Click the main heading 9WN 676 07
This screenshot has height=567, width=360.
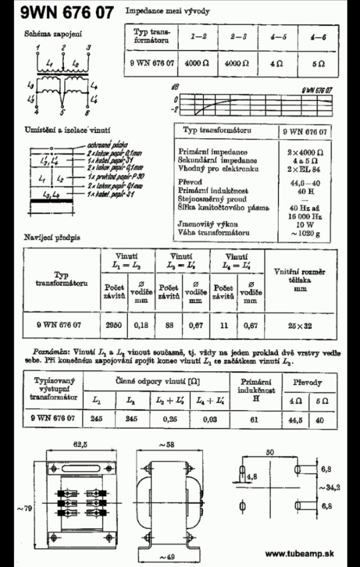(67, 13)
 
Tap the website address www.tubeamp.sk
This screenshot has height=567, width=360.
(300, 553)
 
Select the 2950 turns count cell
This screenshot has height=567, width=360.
(114, 325)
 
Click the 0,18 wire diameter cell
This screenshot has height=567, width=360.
(141, 325)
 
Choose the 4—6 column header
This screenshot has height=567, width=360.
(317, 38)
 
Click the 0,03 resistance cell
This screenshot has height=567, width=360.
(209, 418)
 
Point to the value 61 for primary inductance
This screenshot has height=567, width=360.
(256, 418)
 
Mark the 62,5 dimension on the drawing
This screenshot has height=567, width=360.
(79, 444)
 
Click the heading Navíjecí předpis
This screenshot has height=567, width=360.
(52, 238)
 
